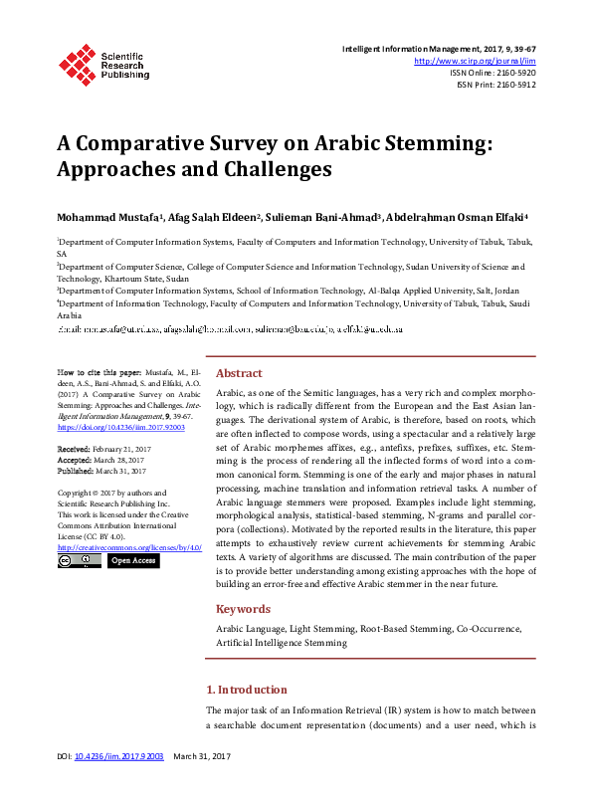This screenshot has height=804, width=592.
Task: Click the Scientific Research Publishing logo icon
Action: [77, 63]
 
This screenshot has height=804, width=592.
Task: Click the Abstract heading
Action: [239, 373]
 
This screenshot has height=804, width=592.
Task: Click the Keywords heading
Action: [243, 609]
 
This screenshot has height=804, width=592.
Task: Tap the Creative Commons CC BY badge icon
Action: [79, 561]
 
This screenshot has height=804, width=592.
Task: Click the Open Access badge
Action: [132, 561]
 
